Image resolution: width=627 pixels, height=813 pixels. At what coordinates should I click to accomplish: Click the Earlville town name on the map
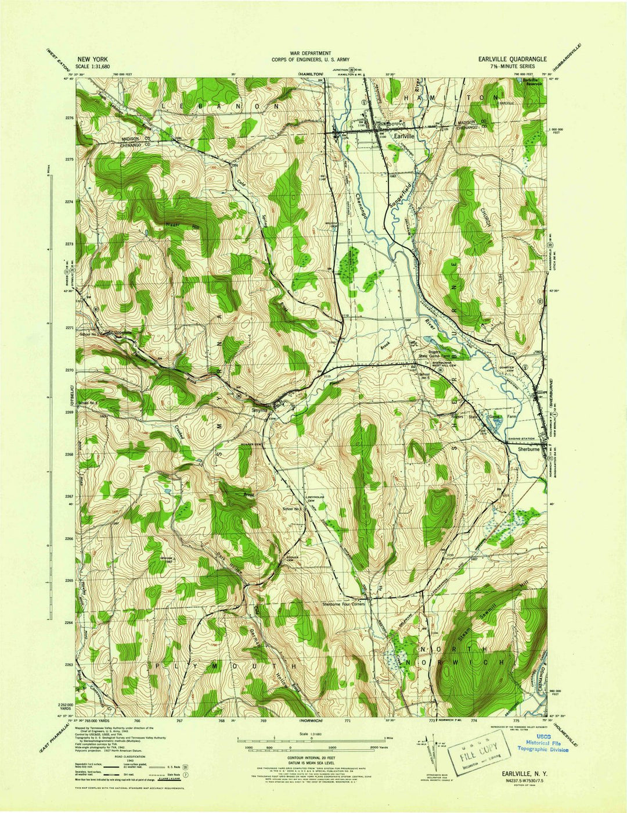coord(404,135)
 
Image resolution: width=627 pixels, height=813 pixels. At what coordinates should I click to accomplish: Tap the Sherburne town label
coord(529,449)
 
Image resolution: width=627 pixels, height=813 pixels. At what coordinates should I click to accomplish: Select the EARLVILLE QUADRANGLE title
coord(512,59)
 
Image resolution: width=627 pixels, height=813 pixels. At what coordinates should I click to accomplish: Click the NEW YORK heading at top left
coord(93,59)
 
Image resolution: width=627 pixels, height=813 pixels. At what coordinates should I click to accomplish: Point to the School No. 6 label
coord(424,376)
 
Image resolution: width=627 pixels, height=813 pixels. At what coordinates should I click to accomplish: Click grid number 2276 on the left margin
coord(70,118)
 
